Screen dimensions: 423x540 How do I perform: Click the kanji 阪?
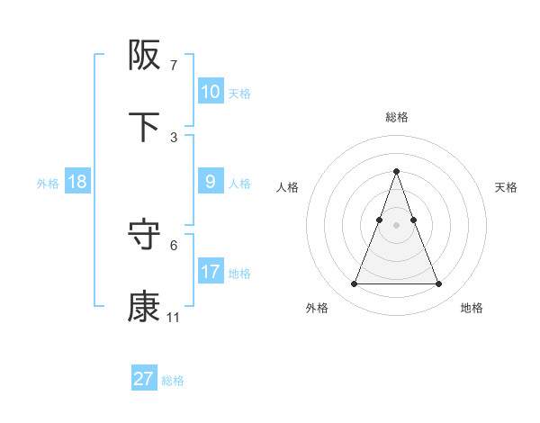pyautogui.click(x=145, y=56)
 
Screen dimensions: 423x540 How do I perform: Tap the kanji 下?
pyautogui.click(x=145, y=127)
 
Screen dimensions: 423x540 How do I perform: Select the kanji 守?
pyautogui.click(x=145, y=236)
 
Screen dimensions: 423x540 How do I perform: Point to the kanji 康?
pyautogui.click(x=145, y=306)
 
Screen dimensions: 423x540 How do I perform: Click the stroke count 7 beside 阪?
pyautogui.click(x=174, y=66)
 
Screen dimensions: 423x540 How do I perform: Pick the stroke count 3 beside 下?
pyautogui.click(x=174, y=137)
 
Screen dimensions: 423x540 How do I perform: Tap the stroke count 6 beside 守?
pyautogui.click(x=174, y=245)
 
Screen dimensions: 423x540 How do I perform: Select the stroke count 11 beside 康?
pyautogui.click(x=173, y=317)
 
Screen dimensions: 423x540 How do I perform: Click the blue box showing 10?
pyautogui.click(x=210, y=92)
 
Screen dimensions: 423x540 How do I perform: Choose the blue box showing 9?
pyautogui.click(x=210, y=182)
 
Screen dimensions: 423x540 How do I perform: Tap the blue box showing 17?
pyautogui.click(x=210, y=272)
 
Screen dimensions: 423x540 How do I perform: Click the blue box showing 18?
pyautogui.click(x=77, y=182)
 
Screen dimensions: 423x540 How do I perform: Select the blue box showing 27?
pyautogui.click(x=144, y=379)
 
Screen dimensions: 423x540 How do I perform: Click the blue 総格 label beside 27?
pyautogui.click(x=173, y=381)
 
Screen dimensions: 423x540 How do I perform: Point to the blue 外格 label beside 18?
pyautogui.click(x=48, y=184)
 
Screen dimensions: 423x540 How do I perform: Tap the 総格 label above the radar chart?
pyautogui.click(x=396, y=117)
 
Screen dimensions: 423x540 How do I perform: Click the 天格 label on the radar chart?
pyautogui.click(x=506, y=187)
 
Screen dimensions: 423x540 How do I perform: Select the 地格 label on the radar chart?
pyautogui.click(x=472, y=309)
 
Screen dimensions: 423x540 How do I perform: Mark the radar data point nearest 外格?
pyautogui.click(x=354, y=284)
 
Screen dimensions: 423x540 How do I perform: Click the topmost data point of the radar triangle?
pyautogui.click(x=396, y=171)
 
